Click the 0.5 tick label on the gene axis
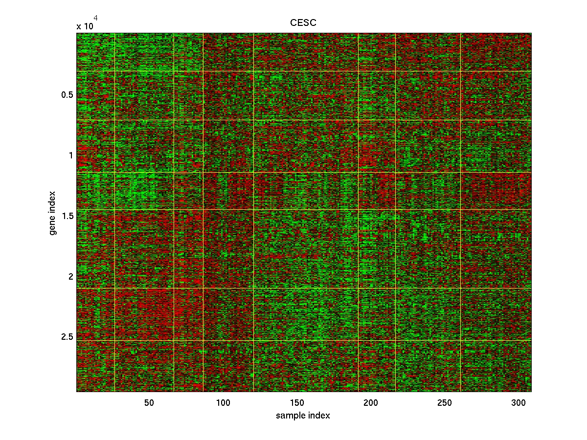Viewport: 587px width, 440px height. (67, 95)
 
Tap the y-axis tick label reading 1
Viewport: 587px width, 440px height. (70, 155)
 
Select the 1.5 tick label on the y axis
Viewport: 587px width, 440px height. (67, 216)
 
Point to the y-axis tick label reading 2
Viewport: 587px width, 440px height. (70, 277)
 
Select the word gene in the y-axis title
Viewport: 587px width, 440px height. (53, 224)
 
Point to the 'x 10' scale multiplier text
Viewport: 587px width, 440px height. (85, 26)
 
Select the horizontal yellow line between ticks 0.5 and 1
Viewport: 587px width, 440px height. (303, 120)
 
